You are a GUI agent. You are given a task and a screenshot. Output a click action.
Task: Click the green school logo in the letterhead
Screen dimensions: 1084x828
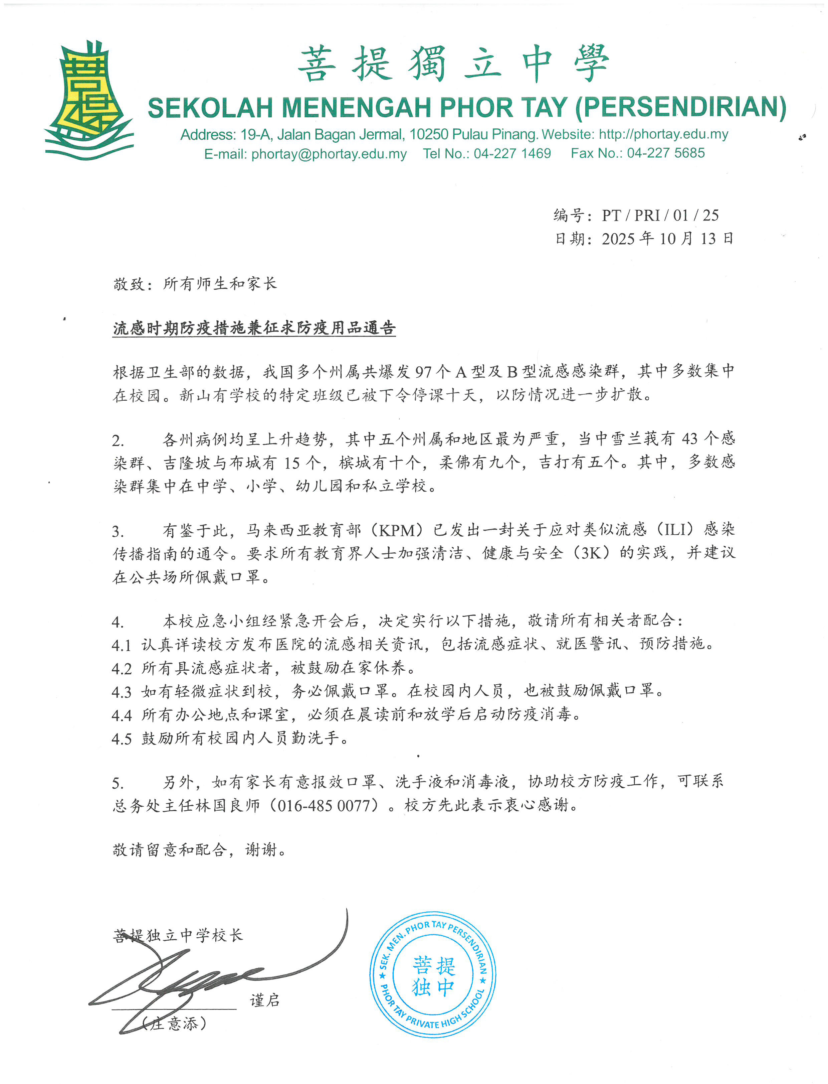pos(89,101)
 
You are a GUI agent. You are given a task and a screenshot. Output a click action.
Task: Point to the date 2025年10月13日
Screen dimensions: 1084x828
pos(667,239)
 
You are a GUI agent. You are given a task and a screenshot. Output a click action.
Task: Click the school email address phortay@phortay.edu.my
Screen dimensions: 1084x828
pos(329,154)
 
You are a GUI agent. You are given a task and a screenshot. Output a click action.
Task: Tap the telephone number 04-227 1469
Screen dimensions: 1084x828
pos(512,153)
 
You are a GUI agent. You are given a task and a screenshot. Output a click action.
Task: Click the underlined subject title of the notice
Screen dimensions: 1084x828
pos(254,328)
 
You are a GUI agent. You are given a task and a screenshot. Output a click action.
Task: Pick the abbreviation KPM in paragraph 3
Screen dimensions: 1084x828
pos(397,531)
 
